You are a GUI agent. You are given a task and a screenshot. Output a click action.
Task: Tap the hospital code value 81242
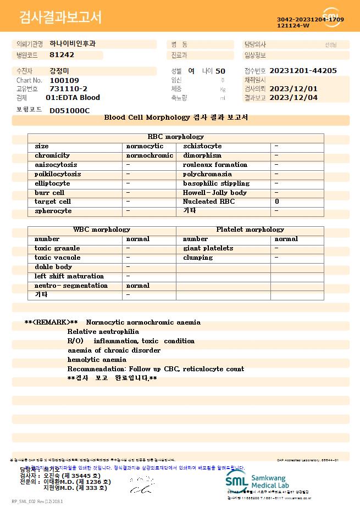(x=62, y=55)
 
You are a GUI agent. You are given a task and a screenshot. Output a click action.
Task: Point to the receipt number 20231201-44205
(x=303, y=71)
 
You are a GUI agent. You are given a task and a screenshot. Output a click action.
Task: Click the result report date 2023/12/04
(x=301, y=98)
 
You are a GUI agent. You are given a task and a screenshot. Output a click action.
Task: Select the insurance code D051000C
(x=69, y=110)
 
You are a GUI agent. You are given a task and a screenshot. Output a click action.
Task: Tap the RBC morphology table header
(x=175, y=137)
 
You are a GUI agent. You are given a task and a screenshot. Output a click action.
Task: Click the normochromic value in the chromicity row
(x=149, y=155)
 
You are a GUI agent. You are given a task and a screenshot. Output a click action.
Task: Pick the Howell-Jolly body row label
(x=215, y=193)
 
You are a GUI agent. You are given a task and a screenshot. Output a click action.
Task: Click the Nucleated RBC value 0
(x=277, y=202)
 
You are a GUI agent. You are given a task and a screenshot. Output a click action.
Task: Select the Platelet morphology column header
(x=250, y=230)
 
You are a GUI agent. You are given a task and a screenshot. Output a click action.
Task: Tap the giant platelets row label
(x=208, y=248)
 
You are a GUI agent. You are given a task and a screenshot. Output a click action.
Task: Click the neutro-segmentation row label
(x=71, y=286)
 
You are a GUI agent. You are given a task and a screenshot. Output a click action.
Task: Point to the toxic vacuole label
(x=57, y=258)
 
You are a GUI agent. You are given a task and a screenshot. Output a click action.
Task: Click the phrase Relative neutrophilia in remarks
(x=103, y=332)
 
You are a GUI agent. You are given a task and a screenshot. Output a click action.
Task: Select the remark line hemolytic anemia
(x=97, y=360)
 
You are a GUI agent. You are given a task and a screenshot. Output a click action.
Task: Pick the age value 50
(x=220, y=71)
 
